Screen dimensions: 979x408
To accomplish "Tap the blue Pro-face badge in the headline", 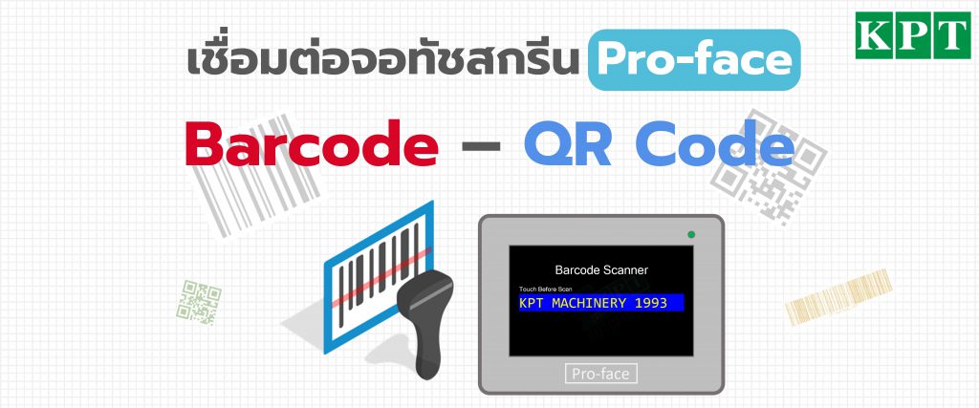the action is click(694, 60).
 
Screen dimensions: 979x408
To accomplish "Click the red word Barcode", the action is click(312, 144).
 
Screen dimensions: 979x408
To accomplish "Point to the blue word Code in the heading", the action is click(715, 144).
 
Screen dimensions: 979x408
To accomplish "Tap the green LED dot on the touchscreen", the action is click(691, 234).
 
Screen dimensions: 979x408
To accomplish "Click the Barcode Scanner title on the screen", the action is click(601, 270).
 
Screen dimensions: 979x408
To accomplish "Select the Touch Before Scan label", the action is click(545, 289).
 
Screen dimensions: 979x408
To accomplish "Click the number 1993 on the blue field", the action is click(650, 303).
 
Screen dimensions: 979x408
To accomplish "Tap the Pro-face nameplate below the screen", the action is click(600, 374).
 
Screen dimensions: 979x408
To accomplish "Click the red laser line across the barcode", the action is click(381, 278).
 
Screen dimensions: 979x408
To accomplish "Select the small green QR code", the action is click(199, 303).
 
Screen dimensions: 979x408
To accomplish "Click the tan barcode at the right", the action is click(838, 296).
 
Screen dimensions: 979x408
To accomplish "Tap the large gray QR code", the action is click(771, 166).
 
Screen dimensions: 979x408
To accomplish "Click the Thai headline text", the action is click(383, 60).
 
